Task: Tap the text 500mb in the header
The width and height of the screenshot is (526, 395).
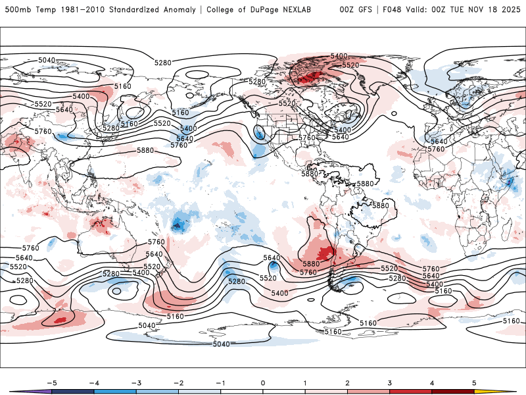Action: point(15,10)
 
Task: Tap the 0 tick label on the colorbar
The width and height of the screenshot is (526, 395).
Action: point(262,382)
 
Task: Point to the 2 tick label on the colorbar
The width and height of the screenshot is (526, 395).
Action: point(347,382)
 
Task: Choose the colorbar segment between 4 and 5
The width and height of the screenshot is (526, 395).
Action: point(453,391)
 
